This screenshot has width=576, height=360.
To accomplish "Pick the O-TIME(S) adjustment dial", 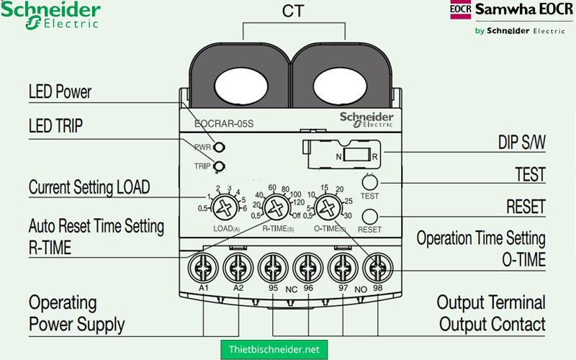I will (x=328, y=210).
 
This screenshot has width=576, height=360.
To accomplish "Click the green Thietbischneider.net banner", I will (x=274, y=348).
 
